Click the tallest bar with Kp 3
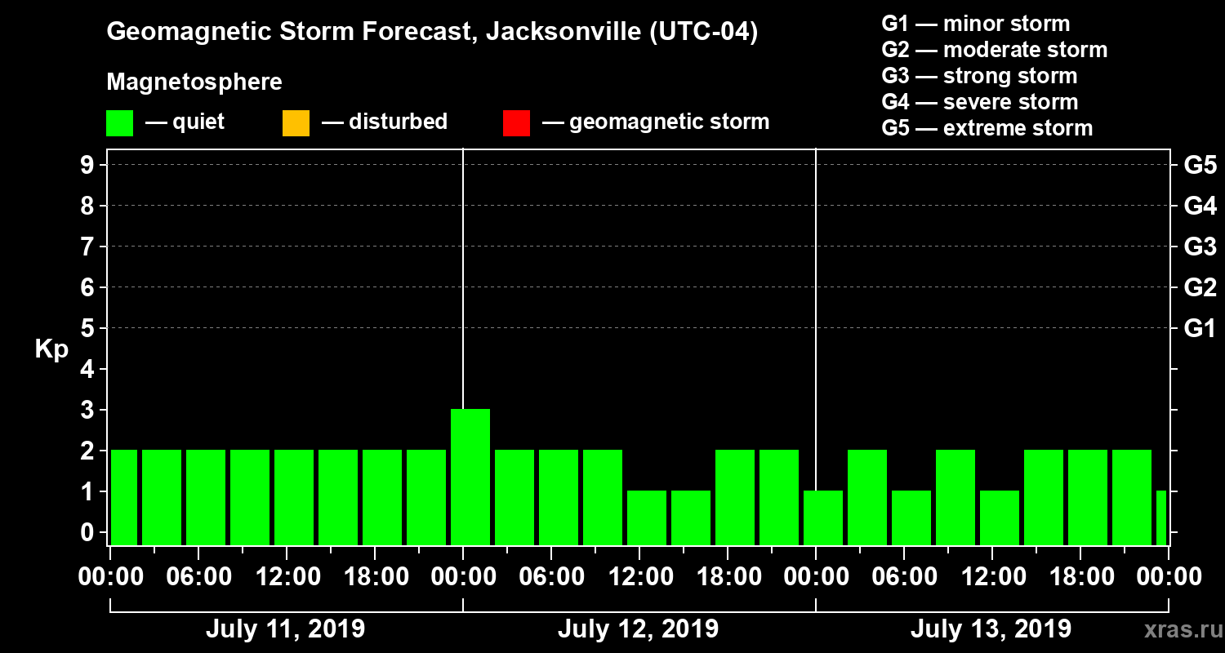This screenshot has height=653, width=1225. [x=470, y=477]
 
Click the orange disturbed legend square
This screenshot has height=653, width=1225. [x=296, y=122]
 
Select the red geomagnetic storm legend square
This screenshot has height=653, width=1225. [x=516, y=122]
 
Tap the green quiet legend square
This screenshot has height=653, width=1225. [x=119, y=122]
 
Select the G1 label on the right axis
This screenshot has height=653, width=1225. [x=1200, y=329]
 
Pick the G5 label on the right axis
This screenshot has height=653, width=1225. [x=1200, y=166]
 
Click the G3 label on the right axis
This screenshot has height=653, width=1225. [x=1200, y=247]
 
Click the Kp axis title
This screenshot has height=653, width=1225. [x=51, y=349]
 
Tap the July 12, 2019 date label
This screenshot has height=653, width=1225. [x=638, y=629]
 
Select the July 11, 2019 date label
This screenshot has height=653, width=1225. [x=285, y=629]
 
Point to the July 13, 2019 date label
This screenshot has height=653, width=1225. [x=991, y=629]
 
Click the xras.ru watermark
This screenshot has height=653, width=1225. [x=1178, y=629]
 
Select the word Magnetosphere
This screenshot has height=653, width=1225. [x=194, y=82]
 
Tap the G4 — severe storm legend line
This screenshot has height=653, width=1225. [x=980, y=102]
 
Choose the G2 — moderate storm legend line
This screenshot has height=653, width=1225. [x=995, y=50]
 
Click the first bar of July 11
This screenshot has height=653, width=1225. [x=124, y=497]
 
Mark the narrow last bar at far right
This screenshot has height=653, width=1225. [x=1161, y=518]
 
